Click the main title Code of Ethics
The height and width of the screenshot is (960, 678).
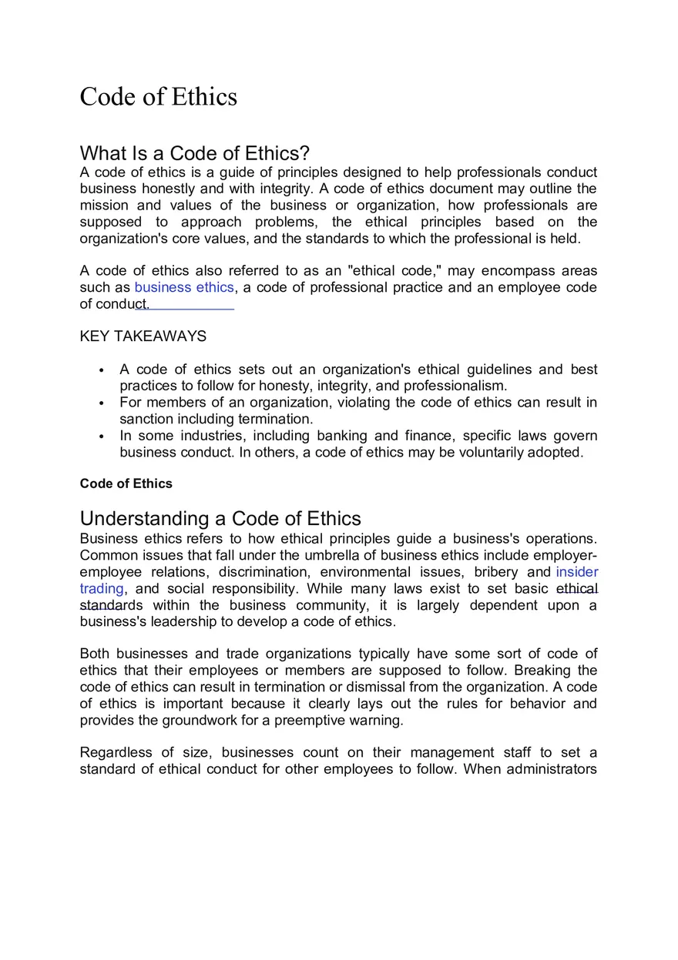coord(158,97)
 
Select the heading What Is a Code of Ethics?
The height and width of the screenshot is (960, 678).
coord(194,152)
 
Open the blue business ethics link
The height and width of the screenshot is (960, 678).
coord(183,287)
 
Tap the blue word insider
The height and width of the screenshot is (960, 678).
coord(576,572)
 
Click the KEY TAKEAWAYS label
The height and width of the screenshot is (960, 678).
coord(143,336)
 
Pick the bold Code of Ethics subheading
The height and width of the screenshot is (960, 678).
coord(126,483)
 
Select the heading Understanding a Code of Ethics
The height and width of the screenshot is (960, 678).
coord(220,518)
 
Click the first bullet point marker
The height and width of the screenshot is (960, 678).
coord(102,370)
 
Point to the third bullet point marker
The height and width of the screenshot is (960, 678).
coord(102,437)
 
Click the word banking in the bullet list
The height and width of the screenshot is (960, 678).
coord(342,436)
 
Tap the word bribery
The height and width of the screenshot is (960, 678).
coord(497,572)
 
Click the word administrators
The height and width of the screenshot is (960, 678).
coord(551,769)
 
